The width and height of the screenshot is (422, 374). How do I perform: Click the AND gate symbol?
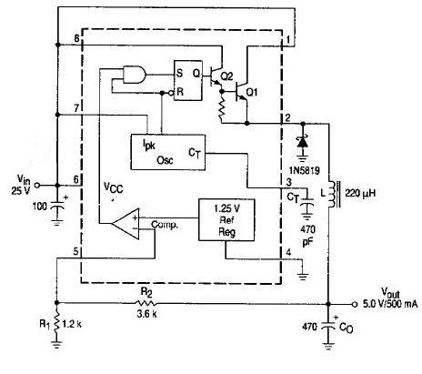[x=135, y=75]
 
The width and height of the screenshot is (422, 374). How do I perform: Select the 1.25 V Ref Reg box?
[x=226, y=220]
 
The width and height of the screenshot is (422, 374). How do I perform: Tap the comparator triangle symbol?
[x=126, y=224]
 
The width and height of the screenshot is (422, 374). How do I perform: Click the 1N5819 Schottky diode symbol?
[x=302, y=143]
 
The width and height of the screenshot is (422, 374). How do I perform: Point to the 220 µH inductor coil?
[x=334, y=195]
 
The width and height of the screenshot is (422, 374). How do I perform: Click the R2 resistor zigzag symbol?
[x=146, y=303]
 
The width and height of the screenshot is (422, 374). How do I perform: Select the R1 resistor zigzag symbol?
[x=56, y=324]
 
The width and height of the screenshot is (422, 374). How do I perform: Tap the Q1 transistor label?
[x=252, y=92]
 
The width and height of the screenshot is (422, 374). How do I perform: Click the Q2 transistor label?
[x=226, y=76]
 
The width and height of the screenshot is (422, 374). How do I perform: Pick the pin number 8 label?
[x=76, y=38]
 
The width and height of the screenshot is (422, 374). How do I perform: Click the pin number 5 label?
[x=75, y=251]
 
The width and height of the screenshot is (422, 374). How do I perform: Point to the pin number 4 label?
[x=288, y=252]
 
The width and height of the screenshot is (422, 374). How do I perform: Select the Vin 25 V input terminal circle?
[x=37, y=185]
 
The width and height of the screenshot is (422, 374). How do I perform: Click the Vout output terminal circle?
[x=355, y=304]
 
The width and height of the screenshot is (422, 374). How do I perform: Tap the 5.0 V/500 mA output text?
[x=390, y=304]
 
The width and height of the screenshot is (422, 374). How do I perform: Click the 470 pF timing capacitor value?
[x=307, y=236]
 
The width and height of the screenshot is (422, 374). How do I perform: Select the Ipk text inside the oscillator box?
[x=149, y=144]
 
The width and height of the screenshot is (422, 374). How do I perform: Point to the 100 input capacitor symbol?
[x=56, y=207]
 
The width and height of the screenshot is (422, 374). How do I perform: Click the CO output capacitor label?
[x=347, y=328]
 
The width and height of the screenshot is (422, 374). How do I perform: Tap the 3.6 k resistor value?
[x=146, y=314]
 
